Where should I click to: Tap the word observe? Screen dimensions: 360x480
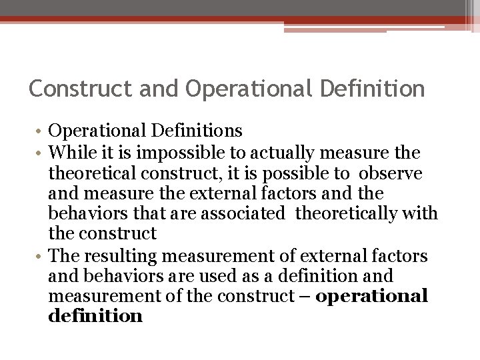(x=394, y=174)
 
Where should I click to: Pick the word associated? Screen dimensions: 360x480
(x=246, y=214)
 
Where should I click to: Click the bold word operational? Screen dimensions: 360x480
(x=371, y=295)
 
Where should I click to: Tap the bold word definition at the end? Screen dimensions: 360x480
(x=95, y=315)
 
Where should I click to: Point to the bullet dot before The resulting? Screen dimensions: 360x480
(x=41, y=256)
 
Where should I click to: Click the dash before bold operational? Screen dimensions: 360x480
(x=305, y=295)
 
